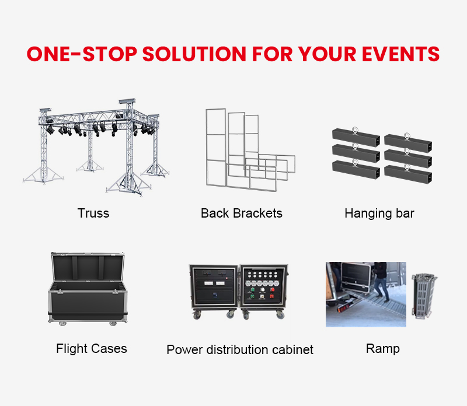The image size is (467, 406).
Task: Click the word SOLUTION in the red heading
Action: click(x=194, y=54)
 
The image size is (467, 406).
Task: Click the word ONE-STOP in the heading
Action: click(x=82, y=54)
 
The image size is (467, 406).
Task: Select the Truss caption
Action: click(x=93, y=213)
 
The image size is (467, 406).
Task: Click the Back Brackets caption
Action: click(x=242, y=213)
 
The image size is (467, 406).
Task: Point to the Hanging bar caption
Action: click(x=379, y=213)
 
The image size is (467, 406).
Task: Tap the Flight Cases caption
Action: click(x=92, y=349)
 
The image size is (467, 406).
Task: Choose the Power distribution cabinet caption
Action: click(x=240, y=349)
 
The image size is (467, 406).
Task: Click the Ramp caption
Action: click(x=383, y=349)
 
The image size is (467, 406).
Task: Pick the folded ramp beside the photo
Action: click(x=423, y=296)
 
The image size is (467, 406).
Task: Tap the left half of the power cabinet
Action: click(x=214, y=290)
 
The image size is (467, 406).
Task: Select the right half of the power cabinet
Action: click(x=264, y=290)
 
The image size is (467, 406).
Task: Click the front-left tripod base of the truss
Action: click(x=43, y=176)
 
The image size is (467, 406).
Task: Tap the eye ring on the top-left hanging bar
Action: click(x=355, y=130)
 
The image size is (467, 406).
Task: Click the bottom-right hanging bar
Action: click(x=408, y=174)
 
